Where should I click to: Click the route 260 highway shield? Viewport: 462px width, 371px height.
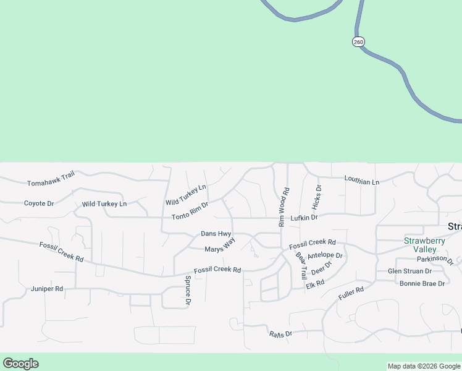tap(359, 41)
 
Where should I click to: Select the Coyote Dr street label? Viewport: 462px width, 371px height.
tap(39, 203)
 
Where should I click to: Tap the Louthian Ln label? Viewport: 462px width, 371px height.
tap(361, 182)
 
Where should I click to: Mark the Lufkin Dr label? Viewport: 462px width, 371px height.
tap(304, 218)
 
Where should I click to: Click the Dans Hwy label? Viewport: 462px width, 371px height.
tap(216, 234)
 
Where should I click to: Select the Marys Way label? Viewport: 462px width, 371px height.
tap(220, 246)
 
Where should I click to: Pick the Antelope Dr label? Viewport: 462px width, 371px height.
tap(325, 255)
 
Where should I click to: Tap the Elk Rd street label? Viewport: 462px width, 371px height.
tap(314, 284)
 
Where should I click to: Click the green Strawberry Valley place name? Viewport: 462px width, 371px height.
tap(424, 245)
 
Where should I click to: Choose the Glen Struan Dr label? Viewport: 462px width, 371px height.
tap(409, 271)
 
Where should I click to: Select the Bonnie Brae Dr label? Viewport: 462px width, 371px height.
tap(422, 283)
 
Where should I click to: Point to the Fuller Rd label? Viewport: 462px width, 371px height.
tap(351, 293)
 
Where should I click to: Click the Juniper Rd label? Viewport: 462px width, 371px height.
tap(47, 289)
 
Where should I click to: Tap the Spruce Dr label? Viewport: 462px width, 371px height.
tap(188, 291)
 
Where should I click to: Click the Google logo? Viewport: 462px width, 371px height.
tap(20, 364)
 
